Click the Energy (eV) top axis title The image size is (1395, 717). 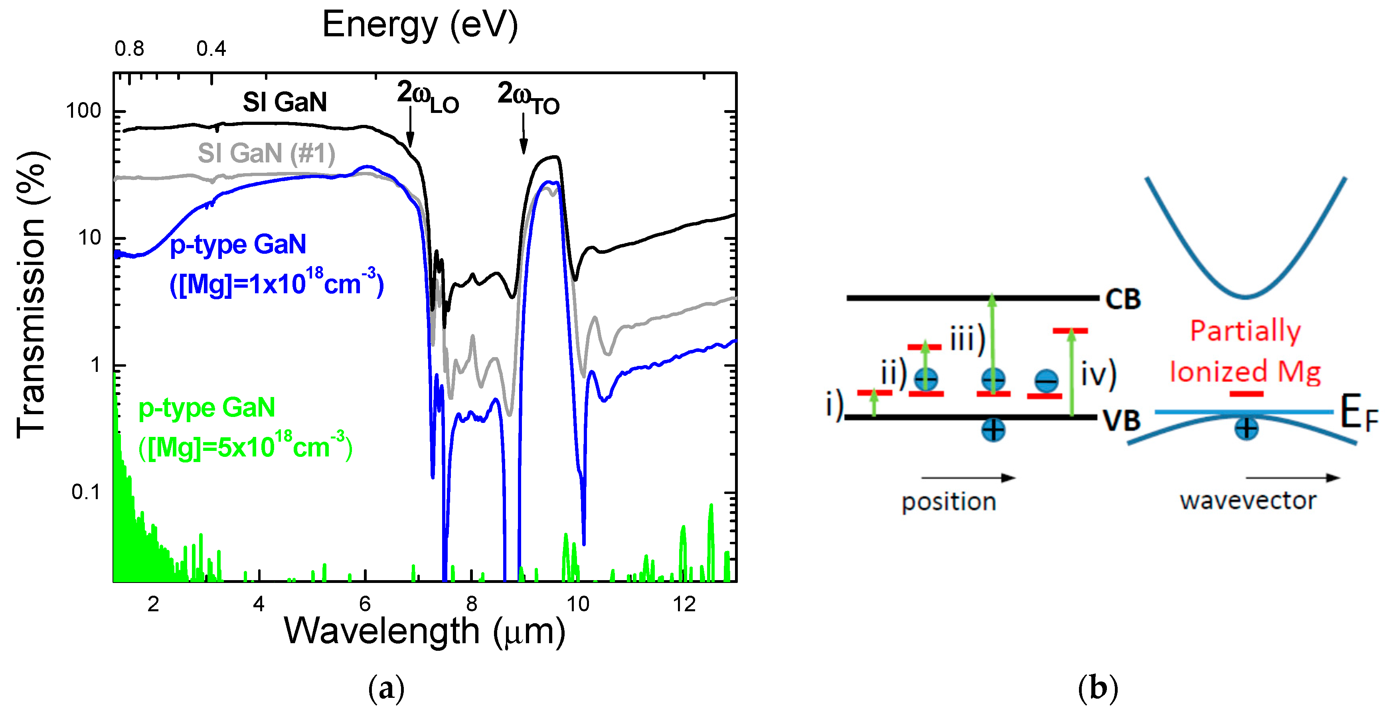click(x=420, y=26)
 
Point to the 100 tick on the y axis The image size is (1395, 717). click(x=83, y=111)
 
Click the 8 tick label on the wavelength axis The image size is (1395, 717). click(x=471, y=604)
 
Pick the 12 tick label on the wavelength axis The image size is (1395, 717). click(x=684, y=604)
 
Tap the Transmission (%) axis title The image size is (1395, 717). click(x=32, y=295)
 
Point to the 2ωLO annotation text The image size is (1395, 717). click(x=427, y=97)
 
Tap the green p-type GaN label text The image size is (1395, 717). click(x=206, y=407)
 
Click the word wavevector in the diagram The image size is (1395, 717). click(x=1248, y=501)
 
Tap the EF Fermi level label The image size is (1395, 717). click(x=1358, y=414)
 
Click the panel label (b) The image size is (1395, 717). click(x=1097, y=688)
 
